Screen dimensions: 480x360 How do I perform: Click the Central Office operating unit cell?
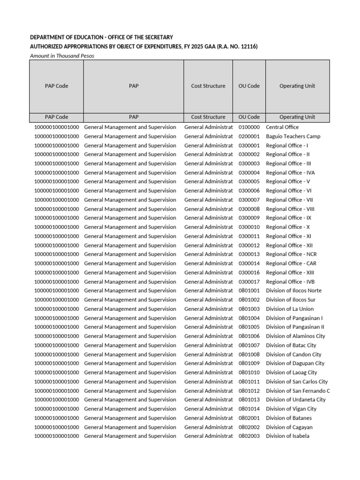(282, 127)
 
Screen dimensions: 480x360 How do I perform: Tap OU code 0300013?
(248, 255)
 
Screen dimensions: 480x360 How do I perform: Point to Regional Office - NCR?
(291, 255)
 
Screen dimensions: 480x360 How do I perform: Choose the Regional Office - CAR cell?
(291, 263)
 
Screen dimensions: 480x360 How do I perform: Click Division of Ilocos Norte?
(293, 291)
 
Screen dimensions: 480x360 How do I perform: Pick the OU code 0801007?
(248, 345)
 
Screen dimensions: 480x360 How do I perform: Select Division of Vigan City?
(291, 409)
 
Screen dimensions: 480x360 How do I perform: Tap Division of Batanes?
(288, 418)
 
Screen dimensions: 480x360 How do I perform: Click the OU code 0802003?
(248, 436)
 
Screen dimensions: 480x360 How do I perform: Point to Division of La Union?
(290, 309)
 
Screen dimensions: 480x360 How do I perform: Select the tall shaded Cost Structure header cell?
(208, 86)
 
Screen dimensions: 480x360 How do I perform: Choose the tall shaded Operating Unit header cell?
(297, 86)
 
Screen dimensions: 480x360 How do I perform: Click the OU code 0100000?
(248, 127)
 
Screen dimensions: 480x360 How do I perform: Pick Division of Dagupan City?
(295, 363)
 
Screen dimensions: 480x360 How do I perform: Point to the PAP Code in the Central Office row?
(57, 127)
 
